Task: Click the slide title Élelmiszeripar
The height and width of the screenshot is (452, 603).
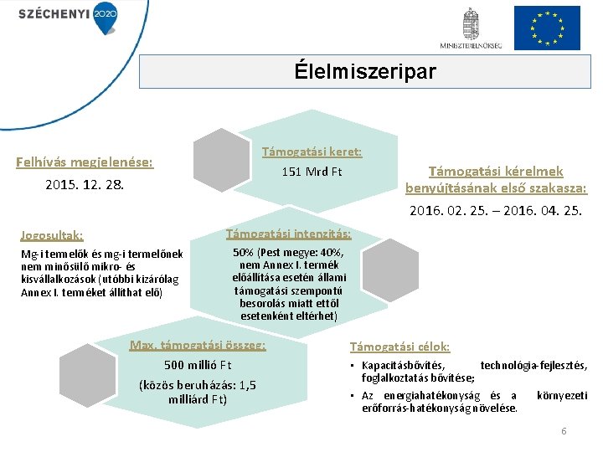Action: pos(365,72)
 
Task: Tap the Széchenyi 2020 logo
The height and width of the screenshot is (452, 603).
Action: pos(68,14)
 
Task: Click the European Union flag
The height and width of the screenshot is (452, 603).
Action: pos(546,28)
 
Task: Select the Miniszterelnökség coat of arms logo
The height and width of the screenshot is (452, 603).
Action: pos(472,28)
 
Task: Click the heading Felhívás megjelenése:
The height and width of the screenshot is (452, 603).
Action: pos(85,162)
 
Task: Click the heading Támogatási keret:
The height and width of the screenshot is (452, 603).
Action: pos(312,152)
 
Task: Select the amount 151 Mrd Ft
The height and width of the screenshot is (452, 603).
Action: pos(312,172)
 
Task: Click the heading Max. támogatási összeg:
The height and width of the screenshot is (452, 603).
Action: pos(198,345)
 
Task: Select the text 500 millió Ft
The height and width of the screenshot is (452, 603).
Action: pos(198,365)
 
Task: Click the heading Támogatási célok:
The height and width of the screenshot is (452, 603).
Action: pos(399,346)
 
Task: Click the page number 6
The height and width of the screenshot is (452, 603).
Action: pos(564,430)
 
